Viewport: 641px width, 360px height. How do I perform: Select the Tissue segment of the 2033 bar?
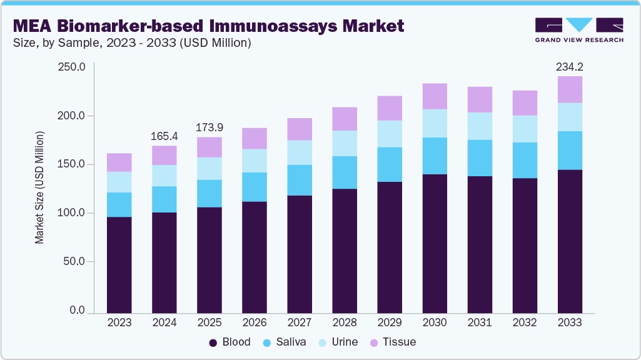coord(570,89)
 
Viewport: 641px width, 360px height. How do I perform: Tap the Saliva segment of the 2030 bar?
coord(435,156)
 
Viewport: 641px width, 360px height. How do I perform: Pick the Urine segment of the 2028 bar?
coord(345,143)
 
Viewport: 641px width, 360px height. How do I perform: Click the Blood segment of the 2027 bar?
coord(300,254)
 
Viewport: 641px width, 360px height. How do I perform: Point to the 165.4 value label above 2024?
coord(164,136)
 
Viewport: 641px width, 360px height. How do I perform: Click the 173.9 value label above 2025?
coord(209,127)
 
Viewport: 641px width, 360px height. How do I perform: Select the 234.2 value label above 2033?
coord(570,66)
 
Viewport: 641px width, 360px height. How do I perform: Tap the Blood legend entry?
coord(230,342)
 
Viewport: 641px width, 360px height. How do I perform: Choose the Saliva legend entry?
coord(285,342)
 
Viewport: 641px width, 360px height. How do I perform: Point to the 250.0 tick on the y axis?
coord(71,67)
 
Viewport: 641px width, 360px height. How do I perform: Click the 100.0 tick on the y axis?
coord(71,213)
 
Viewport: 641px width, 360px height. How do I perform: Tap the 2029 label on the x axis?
coord(390,323)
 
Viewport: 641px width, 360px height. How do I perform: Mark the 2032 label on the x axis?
coord(525,323)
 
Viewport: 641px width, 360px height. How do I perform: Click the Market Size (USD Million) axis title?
coord(39,187)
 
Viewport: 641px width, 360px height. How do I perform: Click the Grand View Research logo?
coord(579,29)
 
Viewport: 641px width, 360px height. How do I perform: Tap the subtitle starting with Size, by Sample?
coord(131,42)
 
